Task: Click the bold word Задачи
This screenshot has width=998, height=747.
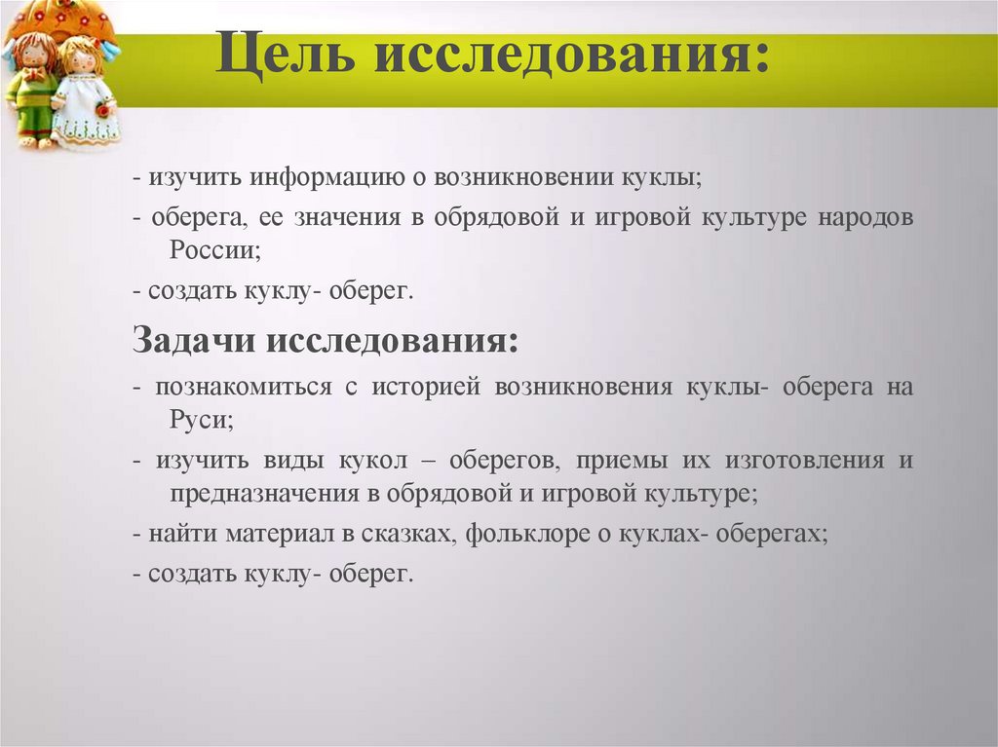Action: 193,341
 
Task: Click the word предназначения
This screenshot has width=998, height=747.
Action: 265,494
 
